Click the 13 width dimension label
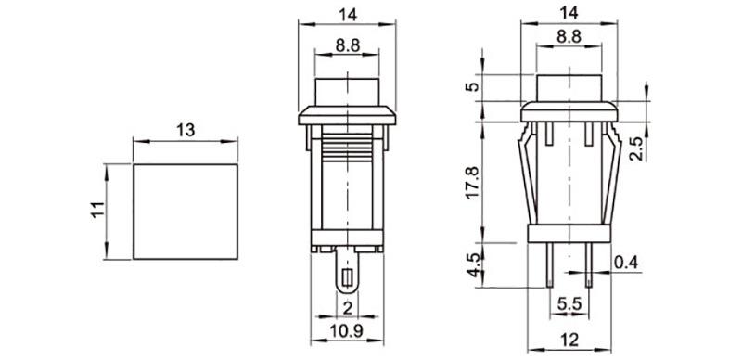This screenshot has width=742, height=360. click(185, 130)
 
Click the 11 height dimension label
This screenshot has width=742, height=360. click(97, 210)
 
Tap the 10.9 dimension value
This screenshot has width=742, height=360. click(347, 330)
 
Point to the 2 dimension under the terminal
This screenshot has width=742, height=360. click(347, 308)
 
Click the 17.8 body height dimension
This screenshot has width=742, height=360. click(473, 183)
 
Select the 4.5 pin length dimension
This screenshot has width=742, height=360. click(473, 265)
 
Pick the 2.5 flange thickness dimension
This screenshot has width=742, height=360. click(637, 148)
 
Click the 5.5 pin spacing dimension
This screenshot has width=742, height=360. click(569, 303)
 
